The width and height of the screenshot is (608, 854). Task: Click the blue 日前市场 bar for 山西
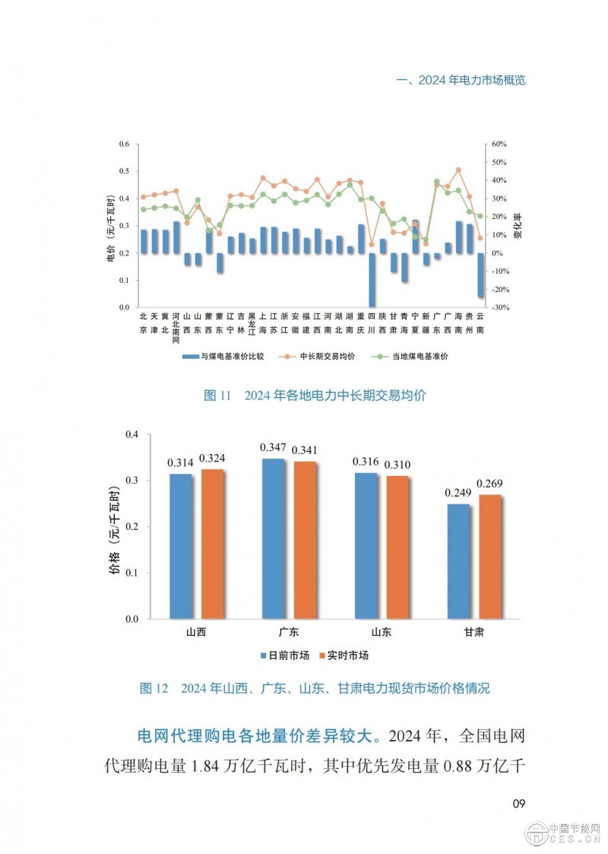tap(181, 546)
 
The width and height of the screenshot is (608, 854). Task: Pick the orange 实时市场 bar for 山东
tap(397, 547)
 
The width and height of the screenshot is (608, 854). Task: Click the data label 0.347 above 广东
tap(273, 447)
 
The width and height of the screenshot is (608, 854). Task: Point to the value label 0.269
tap(490, 484)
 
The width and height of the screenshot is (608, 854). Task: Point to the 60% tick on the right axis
tap(499, 144)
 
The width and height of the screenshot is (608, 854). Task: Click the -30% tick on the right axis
tap(499, 307)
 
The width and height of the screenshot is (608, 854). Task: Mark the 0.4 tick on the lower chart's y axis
tap(133, 434)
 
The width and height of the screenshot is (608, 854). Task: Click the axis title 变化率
tap(518, 226)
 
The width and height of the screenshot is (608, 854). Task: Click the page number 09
tap(518, 804)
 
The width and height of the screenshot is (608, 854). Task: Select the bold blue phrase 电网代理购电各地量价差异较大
tap(261, 736)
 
